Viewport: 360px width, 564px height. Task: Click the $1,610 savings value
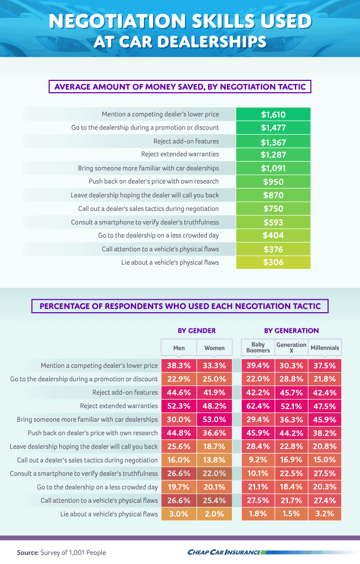(273, 114)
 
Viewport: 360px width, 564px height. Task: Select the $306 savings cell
(273, 262)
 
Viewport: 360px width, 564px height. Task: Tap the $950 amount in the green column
(273, 182)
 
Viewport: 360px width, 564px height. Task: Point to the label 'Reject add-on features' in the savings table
(186, 141)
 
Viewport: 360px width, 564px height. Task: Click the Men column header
(179, 348)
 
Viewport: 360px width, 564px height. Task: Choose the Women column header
(214, 348)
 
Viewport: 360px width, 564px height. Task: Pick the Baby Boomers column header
(258, 347)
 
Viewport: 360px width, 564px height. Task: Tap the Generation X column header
(292, 347)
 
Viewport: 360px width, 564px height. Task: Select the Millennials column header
(325, 348)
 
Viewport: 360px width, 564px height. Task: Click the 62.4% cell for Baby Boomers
(258, 406)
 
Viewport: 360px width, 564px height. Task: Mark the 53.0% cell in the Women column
(214, 419)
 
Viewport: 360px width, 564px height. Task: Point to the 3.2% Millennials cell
(325, 514)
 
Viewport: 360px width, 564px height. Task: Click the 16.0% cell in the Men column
(179, 460)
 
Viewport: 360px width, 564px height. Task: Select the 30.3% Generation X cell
(292, 366)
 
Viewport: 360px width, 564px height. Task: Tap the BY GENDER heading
(197, 331)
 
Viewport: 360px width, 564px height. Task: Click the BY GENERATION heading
(292, 331)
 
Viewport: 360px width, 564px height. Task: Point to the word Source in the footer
(27, 553)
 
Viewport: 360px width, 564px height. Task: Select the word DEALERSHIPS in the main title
(212, 42)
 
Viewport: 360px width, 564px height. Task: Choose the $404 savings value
(273, 235)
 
